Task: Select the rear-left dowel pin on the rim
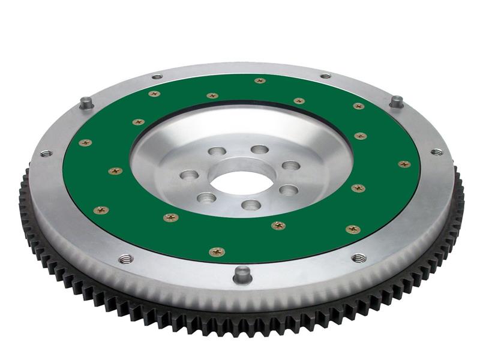coord(86,103)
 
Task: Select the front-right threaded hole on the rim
coord(359,258)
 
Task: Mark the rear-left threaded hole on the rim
coord(157,76)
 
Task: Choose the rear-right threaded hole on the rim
coord(326,76)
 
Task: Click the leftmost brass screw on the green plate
coord(85,143)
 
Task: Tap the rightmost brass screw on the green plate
coord(404,164)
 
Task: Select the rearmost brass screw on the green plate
coord(259,80)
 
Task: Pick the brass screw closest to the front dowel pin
coord(217,252)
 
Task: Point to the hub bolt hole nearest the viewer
coord(250,205)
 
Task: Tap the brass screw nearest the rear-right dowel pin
coord(358,106)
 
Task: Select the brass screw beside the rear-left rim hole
coord(154,94)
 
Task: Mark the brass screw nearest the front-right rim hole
coord(353,229)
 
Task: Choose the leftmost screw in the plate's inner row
coord(115,171)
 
